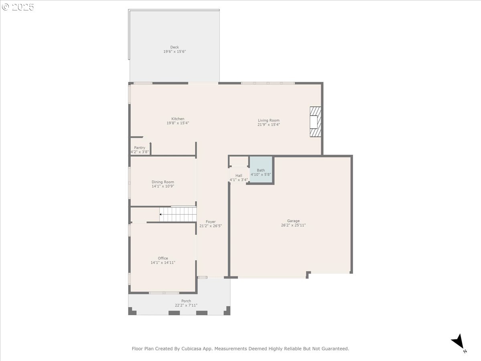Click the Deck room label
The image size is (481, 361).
click(174, 47)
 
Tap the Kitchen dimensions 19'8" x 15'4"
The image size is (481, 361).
click(178, 123)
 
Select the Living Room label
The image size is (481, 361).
click(269, 120)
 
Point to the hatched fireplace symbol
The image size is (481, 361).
click(315, 122)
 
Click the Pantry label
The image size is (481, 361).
click(139, 148)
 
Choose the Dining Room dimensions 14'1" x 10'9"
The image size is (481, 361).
click(163, 186)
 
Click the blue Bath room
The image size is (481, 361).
click(261, 169)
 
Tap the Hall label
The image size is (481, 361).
click(238, 176)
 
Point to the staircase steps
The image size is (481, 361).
click(178, 214)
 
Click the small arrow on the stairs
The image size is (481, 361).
click(161, 214)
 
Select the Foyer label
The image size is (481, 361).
click(210, 221)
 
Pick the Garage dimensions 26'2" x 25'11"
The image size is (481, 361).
click(293, 225)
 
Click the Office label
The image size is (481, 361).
click(163, 258)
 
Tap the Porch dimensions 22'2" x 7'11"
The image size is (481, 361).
click(186, 305)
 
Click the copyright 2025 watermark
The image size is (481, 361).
click(18, 7)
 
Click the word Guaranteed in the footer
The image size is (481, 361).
click(337, 349)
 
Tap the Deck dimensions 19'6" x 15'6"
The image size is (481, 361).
click(174, 51)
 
